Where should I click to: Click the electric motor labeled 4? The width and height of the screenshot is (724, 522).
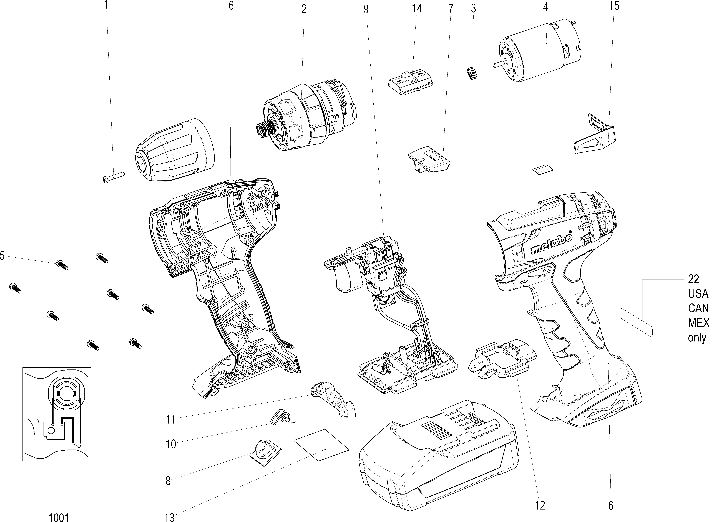[539, 51]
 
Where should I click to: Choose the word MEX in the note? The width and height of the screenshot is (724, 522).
[698, 323]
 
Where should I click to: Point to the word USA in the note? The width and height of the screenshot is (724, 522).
[698, 294]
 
